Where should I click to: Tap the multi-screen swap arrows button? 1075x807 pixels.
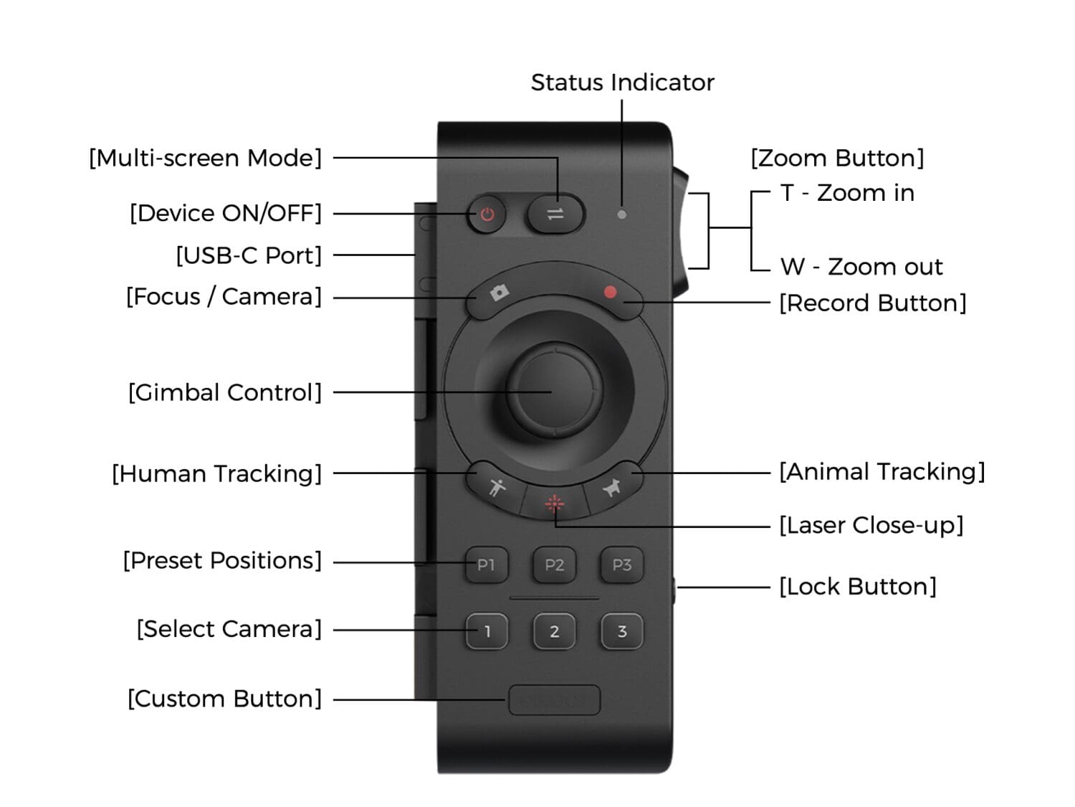pyautogui.click(x=555, y=214)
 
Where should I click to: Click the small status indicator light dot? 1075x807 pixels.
pyautogui.click(x=621, y=214)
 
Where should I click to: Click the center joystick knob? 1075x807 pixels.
pyautogui.click(x=554, y=391)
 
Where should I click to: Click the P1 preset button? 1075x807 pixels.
pyautogui.click(x=487, y=565)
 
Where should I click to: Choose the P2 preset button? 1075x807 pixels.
pyautogui.click(x=554, y=565)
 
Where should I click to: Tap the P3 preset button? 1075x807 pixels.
pyautogui.click(x=621, y=565)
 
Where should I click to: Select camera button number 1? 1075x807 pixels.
pyautogui.click(x=487, y=632)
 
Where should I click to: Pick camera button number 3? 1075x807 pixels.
pyautogui.click(x=621, y=632)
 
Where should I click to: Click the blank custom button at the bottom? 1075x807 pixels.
pyautogui.click(x=554, y=700)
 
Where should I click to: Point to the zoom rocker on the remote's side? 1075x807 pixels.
pyautogui.click(x=680, y=230)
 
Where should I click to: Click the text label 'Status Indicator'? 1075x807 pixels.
pyautogui.click(x=622, y=82)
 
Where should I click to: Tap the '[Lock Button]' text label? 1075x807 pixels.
pyautogui.click(x=858, y=587)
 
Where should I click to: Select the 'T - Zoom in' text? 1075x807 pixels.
pyautogui.click(x=847, y=193)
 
